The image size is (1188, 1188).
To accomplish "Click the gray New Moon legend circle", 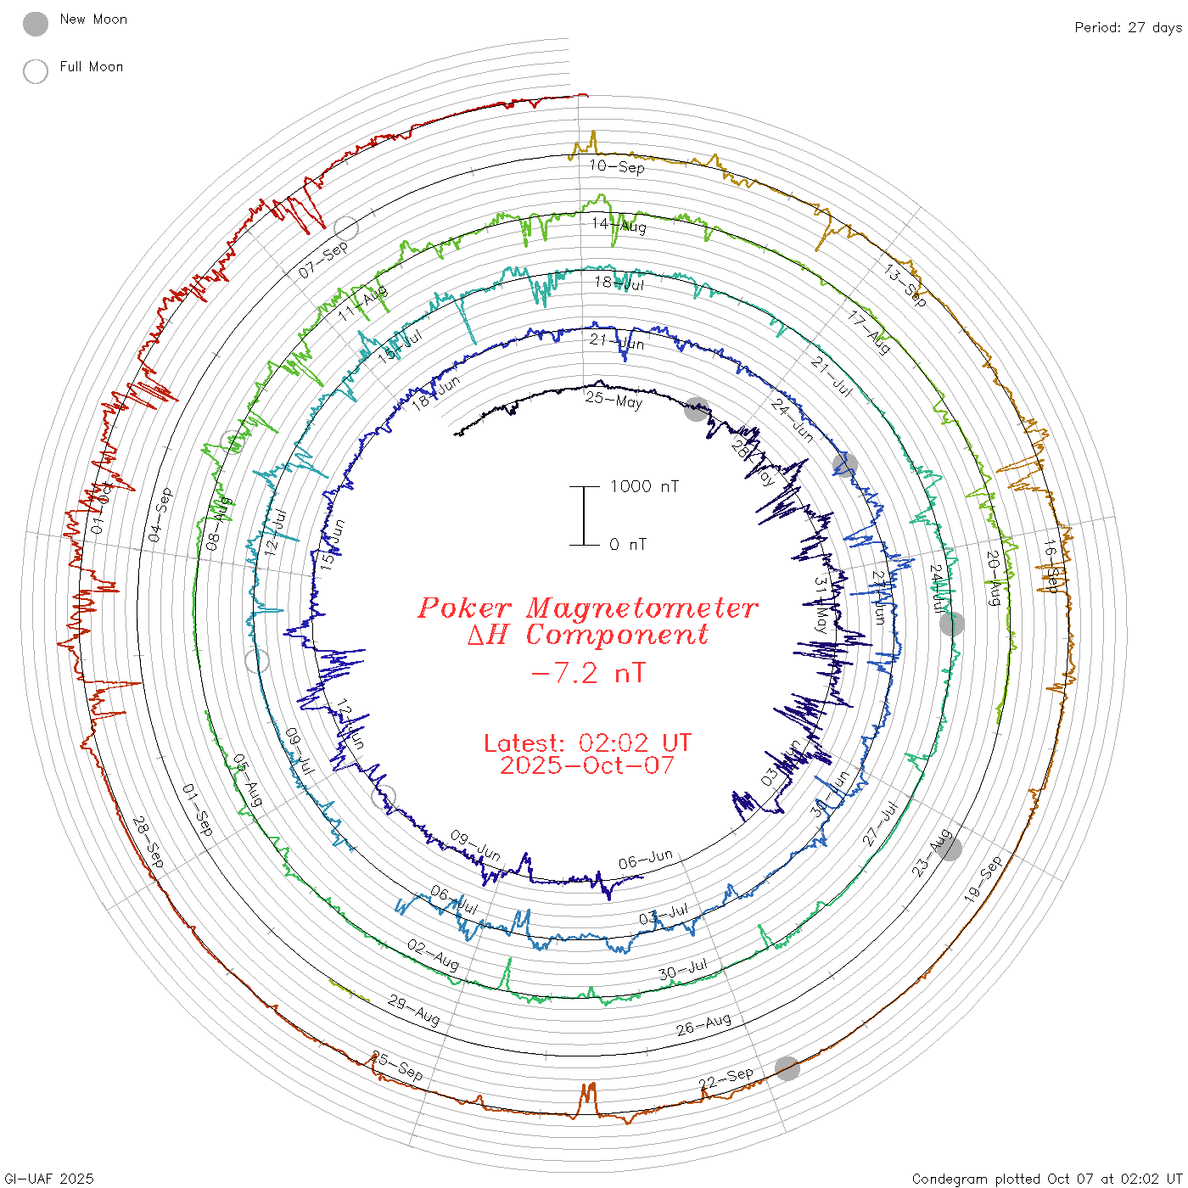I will point(36,24).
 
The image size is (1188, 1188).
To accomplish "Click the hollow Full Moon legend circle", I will point(36,71).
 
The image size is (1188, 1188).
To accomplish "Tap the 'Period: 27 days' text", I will point(1128,27).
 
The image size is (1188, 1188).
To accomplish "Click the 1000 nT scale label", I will point(645,486).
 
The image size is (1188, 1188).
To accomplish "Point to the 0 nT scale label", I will point(628,544).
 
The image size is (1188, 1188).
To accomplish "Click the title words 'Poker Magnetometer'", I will point(587,608).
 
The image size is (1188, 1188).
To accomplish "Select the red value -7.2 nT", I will point(587,674).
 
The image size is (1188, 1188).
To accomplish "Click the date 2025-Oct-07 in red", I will point(587,765).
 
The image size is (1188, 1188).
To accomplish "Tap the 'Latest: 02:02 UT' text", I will point(587,743).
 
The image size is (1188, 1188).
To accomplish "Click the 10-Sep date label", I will point(617,166).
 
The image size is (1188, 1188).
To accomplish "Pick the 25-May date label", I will point(614,400).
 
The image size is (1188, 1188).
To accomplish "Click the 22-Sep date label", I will point(726,1079).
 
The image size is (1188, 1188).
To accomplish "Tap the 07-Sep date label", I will point(323,260).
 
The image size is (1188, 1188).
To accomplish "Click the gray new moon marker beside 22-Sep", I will point(787,1068).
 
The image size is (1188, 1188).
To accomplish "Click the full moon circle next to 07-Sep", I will point(346,227).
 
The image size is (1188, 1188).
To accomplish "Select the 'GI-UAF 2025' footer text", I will point(49,1179).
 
